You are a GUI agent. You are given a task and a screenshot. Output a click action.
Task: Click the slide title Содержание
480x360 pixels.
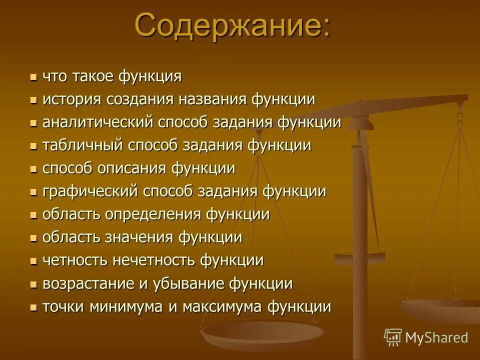pos(232,25)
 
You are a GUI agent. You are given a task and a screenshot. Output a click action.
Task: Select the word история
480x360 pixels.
pos(72,99)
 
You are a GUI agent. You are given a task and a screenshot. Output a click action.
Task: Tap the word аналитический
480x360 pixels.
pos(98,123)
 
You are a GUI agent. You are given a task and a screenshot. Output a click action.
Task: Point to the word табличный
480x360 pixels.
pos(83,145)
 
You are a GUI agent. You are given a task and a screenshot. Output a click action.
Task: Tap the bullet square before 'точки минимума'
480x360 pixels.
pos(33,307)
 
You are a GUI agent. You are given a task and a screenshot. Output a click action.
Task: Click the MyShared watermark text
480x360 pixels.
pos(436,337)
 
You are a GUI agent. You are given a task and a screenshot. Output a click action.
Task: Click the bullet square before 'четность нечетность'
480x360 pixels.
pos(33,261)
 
